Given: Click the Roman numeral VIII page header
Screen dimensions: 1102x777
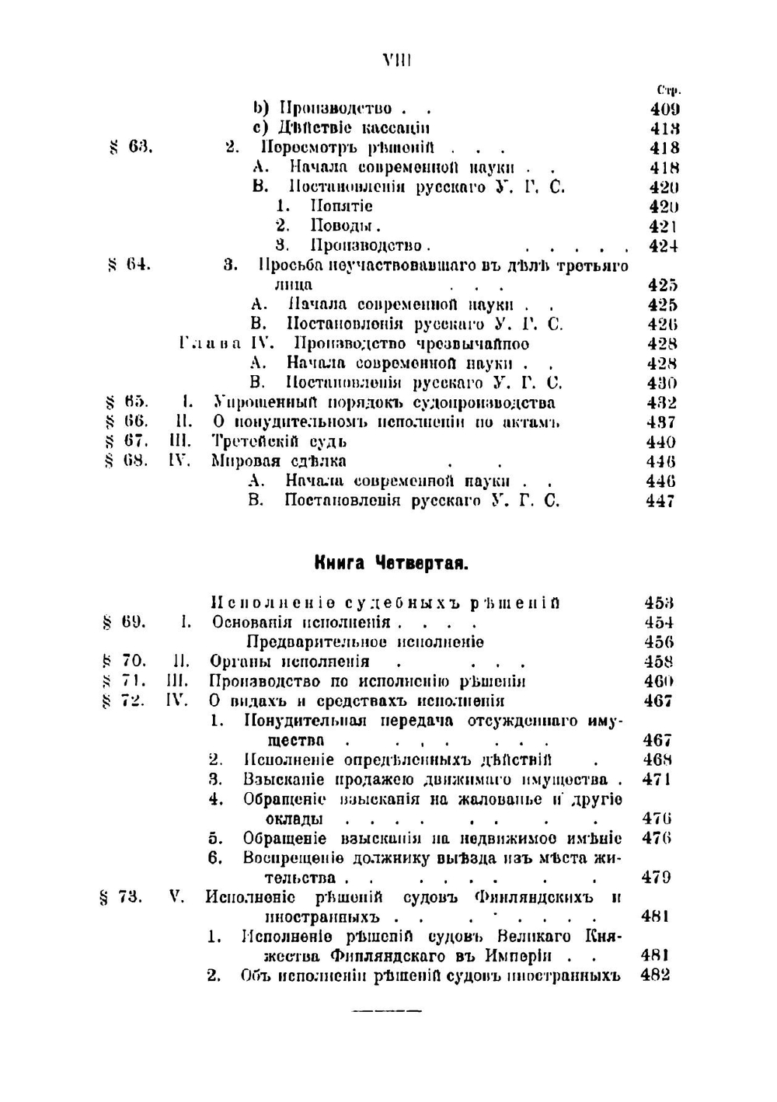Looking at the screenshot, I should click(x=396, y=61).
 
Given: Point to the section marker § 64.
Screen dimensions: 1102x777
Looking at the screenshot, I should click(x=129, y=265).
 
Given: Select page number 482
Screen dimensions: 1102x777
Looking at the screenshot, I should click(x=655, y=975).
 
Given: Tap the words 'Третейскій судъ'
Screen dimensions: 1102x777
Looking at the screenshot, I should click(x=279, y=442).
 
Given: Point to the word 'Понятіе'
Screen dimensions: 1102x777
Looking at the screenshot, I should click(x=341, y=206).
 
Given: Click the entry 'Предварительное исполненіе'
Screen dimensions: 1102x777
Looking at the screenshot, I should click(x=364, y=642).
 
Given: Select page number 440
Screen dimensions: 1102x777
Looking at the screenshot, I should click(x=660, y=442).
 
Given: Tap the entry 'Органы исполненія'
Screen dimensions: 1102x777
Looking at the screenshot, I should click(x=289, y=662).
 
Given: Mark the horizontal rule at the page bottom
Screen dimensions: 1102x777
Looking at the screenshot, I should click(x=386, y=1011).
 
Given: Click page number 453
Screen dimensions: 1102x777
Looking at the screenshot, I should click(x=659, y=603).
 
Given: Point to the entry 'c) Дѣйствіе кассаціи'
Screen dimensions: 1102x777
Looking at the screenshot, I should click(x=341, y=128).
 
